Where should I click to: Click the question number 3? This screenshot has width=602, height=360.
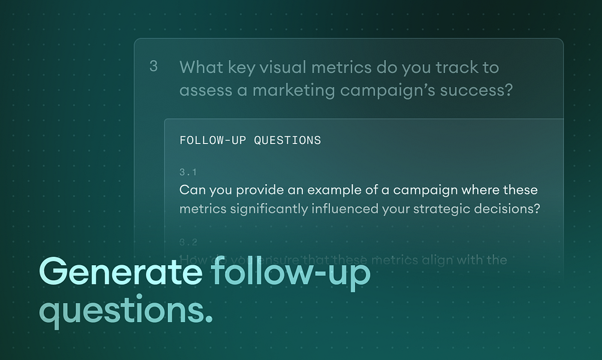(154, 67)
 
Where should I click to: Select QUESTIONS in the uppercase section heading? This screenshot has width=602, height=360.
(287, 140)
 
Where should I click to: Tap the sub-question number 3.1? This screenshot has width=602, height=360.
(188, 173)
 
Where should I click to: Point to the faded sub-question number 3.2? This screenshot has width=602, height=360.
(188, 242)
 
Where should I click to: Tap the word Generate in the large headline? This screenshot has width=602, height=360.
(121, 273)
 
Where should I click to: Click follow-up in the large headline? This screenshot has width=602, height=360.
(290, 273)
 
